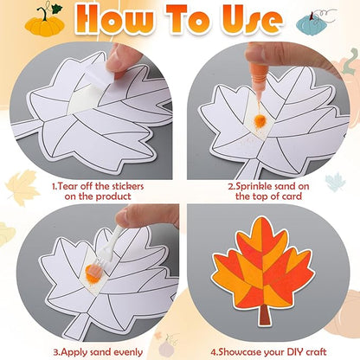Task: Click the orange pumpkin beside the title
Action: [x=44, y=21]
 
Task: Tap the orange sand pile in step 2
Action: [x=258, y=120]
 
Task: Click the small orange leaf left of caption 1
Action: [x=22, y=185]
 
